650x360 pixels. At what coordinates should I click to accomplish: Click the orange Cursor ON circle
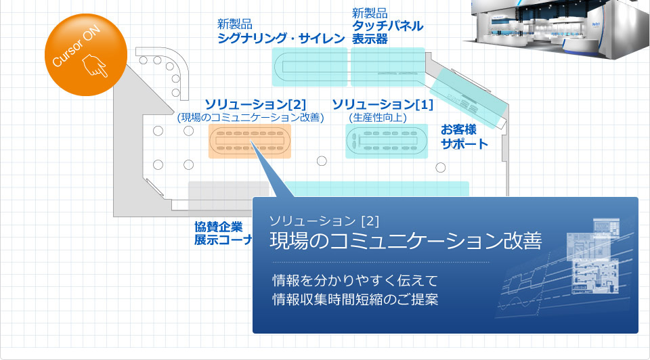(86, 55)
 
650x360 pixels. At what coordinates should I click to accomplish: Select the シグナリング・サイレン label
(281, 39)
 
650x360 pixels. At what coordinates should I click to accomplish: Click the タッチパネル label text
(387, 26)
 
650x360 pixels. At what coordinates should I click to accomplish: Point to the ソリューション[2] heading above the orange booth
(255, 104)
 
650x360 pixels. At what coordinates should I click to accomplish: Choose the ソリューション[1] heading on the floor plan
(383, 104)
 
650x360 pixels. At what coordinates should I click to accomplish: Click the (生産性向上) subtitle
(378, 118)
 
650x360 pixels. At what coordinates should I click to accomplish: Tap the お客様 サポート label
(464, 137)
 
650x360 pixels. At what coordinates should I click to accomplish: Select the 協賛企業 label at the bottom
(219, 227)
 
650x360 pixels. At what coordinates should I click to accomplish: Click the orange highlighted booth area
(250, 141)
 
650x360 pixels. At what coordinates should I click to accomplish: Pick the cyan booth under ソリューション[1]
(387, 141)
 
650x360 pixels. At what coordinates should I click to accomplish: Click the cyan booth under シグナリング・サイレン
(309, 67)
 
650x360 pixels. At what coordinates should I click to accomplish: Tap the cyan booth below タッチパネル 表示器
(388, 67)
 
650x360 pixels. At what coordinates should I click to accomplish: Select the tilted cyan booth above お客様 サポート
(469, 98)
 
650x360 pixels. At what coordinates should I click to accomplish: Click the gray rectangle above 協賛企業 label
(229, 195)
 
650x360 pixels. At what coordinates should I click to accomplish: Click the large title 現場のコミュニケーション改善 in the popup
(406, 241)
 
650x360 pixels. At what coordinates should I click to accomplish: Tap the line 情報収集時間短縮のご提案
(355, 299)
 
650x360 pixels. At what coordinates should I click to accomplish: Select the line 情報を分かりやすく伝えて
(355, 280)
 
